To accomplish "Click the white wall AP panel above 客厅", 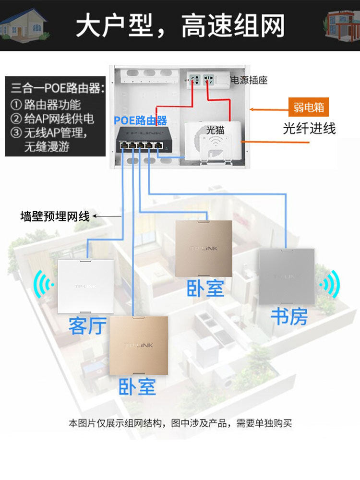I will click(86, 286).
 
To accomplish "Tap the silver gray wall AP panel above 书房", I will click(287, 276).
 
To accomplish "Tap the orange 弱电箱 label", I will click(309, 107).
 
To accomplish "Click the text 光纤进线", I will click(309, 128).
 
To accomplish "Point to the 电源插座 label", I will click(250, 80).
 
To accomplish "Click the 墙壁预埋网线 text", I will click(55, 216).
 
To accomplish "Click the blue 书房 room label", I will click(289, 316).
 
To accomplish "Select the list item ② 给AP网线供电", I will click(52, 119).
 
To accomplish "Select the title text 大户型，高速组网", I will click(180, 25).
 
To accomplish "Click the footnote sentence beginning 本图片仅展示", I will click(180, 423).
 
